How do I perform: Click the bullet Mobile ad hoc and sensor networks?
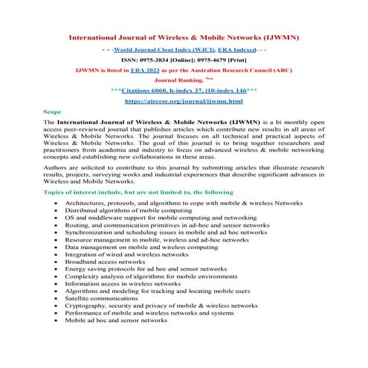(x=116, y=320)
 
